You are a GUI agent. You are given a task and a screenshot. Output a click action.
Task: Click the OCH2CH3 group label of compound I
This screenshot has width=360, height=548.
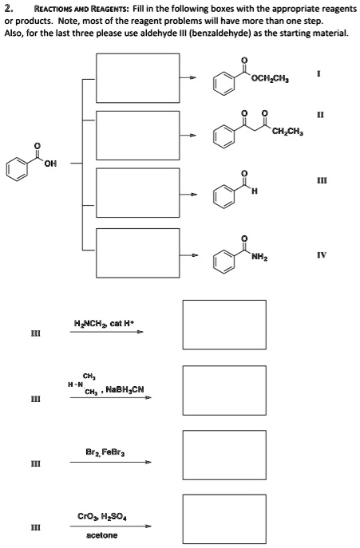pos(270,79)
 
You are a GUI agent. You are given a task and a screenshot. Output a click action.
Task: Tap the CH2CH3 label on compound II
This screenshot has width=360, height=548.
pos(287,132)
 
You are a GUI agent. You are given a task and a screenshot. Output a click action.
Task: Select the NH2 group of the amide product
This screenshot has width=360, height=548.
pos(259,258)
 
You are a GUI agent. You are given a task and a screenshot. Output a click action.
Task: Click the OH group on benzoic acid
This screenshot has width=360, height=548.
pos(50,163)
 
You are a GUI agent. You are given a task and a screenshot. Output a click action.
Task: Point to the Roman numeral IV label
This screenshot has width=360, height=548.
pos(322,254)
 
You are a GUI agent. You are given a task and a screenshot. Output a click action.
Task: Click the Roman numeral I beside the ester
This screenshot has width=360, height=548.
pos(318,73)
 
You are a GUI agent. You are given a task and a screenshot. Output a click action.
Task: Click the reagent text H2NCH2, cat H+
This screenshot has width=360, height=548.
pos(104,323)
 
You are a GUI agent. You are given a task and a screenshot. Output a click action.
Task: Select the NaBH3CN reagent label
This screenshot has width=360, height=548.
pos(125,389)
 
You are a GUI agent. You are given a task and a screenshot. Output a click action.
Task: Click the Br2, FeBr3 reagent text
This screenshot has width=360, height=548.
pos(105,452)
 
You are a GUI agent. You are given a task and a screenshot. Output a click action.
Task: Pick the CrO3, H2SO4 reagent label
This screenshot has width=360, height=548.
pos(102,516)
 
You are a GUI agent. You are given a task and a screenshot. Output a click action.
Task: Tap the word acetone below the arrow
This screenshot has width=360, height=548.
pos(102,535)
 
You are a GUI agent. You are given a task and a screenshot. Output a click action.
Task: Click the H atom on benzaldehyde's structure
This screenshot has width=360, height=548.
pos(255,191)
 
